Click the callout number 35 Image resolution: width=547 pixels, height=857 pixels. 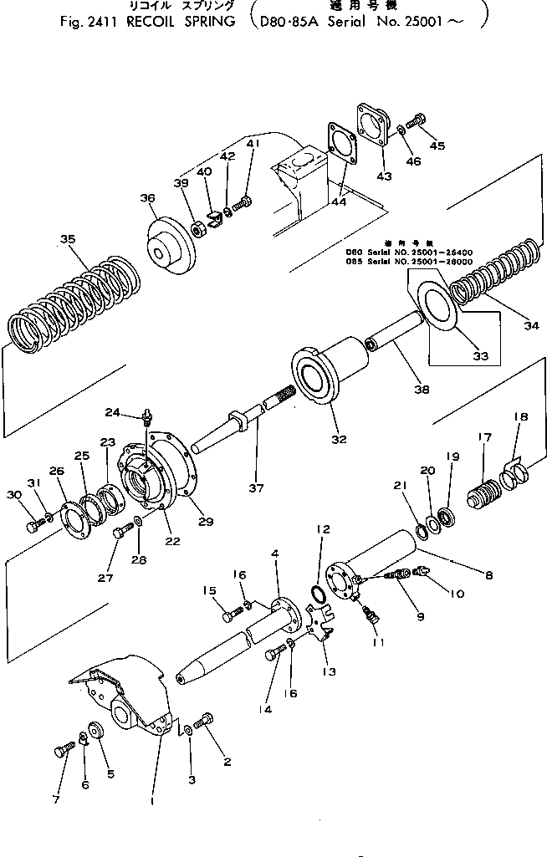(69, 239)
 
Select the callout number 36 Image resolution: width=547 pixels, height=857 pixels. (147, 198)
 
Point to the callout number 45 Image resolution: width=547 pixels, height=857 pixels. (437, 145)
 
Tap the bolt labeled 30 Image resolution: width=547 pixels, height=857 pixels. (35, 526)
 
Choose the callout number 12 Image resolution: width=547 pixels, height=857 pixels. (324, 529)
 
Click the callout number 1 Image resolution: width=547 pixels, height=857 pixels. (151, 800)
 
